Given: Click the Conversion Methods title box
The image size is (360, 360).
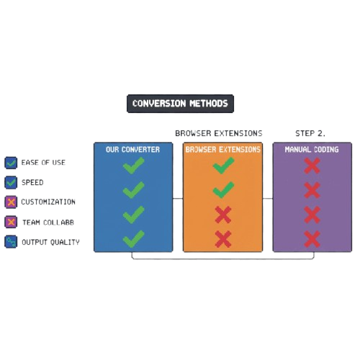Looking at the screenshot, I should (180, 104).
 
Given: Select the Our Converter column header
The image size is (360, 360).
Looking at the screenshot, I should (132, 150).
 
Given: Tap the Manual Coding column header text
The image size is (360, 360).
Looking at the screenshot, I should (312, 150).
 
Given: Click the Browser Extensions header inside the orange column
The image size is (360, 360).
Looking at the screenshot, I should (222, 150).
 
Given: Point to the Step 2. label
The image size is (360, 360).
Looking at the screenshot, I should (310, 133).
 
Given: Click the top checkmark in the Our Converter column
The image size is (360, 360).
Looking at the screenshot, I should (133, 167).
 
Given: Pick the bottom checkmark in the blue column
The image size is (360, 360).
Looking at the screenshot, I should (133, 238).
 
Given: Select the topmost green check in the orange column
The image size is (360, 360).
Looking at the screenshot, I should (223, 167).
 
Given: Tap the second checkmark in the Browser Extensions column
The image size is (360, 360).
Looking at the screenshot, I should (223, 190).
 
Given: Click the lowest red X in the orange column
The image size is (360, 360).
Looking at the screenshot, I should (223, 238).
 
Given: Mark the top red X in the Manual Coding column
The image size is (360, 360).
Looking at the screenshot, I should (312, 167).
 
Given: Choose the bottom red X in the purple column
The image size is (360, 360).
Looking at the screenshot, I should (312, 238).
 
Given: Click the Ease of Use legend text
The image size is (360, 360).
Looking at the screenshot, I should (43, 163).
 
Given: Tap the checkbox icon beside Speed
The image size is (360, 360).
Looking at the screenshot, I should (10, 183).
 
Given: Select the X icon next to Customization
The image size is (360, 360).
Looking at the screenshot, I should (10, 202).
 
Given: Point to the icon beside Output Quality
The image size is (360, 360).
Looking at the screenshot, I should (10, 243).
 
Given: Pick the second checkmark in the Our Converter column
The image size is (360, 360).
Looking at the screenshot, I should (133, 190).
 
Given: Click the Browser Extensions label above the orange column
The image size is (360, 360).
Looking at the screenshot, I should (219, 133).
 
